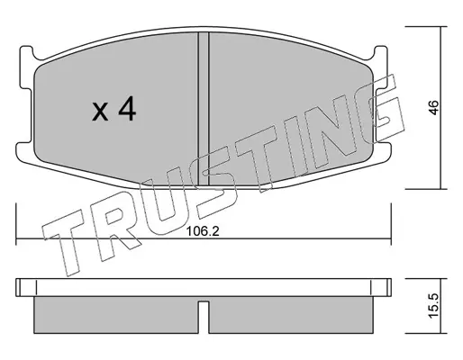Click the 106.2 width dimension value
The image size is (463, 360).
click(203, 231)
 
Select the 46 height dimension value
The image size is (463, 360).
click(434, 107)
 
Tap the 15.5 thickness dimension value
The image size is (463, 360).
click(434, 306)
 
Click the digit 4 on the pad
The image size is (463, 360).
click(127, 110)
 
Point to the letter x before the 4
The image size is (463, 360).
click(100, 112)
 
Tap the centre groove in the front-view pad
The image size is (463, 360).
click(204, 109)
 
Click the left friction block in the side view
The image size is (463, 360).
click(116, 315)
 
